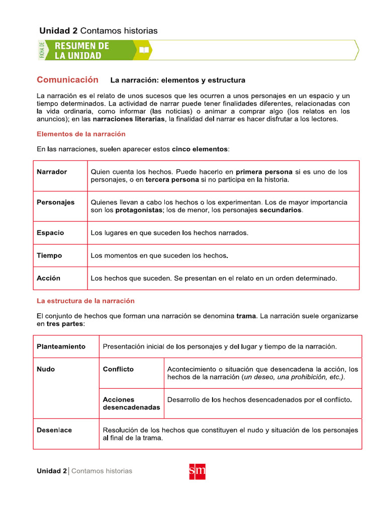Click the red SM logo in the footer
[197, 471]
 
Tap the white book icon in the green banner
[144, 50]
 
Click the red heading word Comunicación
[67, 79]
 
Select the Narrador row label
[52, 172]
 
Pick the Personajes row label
[55, 202]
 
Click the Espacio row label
[50, 233]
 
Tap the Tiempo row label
[49, 255]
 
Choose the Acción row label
[48, 278]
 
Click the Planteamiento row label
[61, 347]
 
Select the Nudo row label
[46, 369]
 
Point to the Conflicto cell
[118, 369]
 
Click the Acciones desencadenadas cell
[131, 403]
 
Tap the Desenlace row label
[54, 430]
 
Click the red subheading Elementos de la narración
[81, 134]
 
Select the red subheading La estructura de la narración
[85, 301]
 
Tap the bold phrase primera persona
[264, 171]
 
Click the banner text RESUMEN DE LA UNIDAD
[81, 50]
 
